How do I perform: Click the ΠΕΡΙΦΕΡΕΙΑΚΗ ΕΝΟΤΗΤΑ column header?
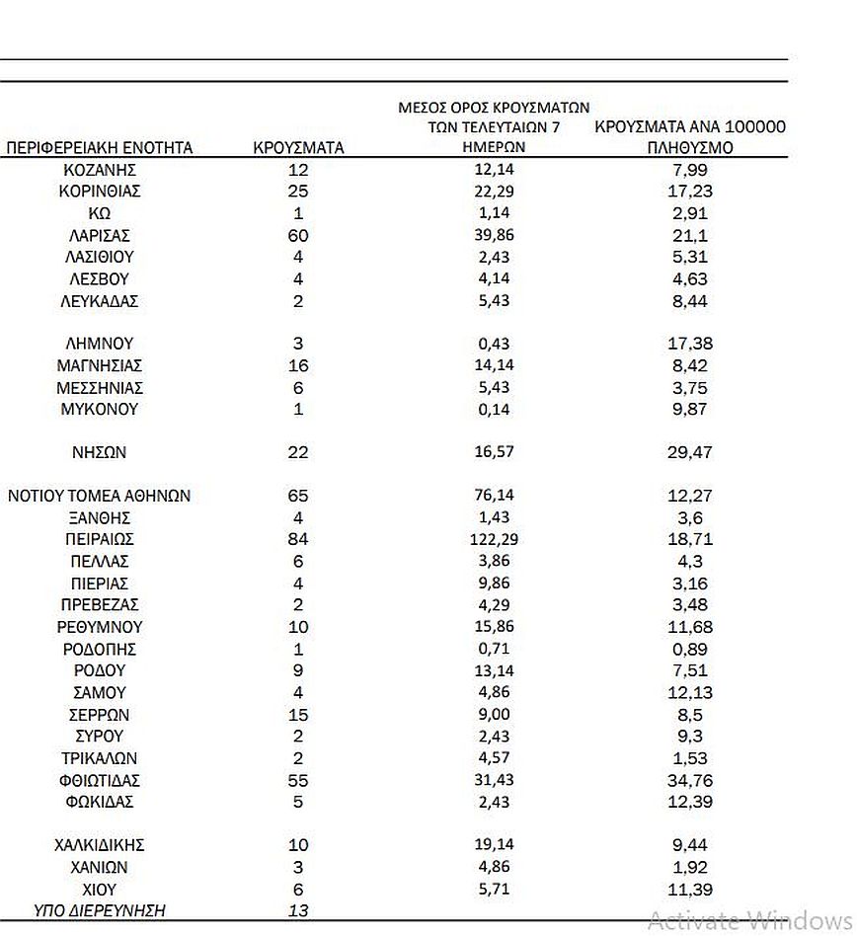click(99, 148)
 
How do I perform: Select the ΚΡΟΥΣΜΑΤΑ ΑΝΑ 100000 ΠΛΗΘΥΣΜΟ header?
click(691, 137)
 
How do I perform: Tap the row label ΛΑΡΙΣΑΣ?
click(99, 236)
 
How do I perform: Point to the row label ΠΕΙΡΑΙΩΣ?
click(99, 540)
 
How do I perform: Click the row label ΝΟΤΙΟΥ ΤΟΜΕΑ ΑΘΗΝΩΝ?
click(99, 497)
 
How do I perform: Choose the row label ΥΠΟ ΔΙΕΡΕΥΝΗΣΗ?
click(99, 910)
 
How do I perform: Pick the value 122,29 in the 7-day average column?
click(494, 540)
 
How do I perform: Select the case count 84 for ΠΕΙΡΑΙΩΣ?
click(298, 540)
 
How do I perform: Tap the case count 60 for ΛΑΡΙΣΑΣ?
click(298, 236)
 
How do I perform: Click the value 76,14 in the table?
click(494, 497)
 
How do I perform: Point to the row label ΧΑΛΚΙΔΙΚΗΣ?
click(99, 845)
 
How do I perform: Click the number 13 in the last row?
click(298, 910)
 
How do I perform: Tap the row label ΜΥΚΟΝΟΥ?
click(99, 410)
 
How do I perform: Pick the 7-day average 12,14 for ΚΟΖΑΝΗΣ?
click(494, 170)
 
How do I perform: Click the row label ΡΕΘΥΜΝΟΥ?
click(99, 628)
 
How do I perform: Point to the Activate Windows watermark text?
click(750, 920)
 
